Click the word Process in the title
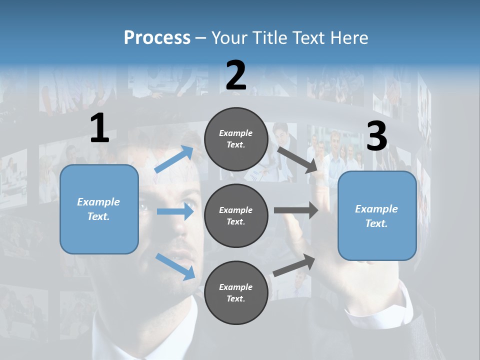click(157, 38)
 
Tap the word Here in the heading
click(348, 38)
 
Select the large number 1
click(99, 128)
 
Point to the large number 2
click(235, 75)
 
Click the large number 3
click(376, 136)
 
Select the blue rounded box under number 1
click(99, 209)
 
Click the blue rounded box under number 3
click(377, 216)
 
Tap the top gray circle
click(236, 139)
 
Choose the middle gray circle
click(236, 215)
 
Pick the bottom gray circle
click(236, 292)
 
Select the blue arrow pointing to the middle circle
click(175, 211)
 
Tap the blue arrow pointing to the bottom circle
click(175, 266)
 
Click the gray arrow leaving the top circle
click(298, 160)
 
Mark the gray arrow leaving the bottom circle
click(294, 265)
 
